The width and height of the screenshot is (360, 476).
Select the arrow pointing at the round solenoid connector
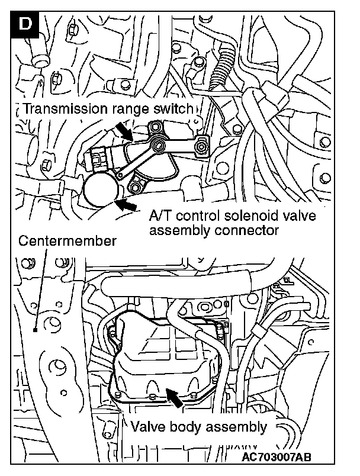(x=126, y=205)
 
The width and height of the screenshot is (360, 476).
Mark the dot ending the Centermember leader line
(x=36, y=331)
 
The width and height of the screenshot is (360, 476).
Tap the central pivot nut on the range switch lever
(x=159, y=145)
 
